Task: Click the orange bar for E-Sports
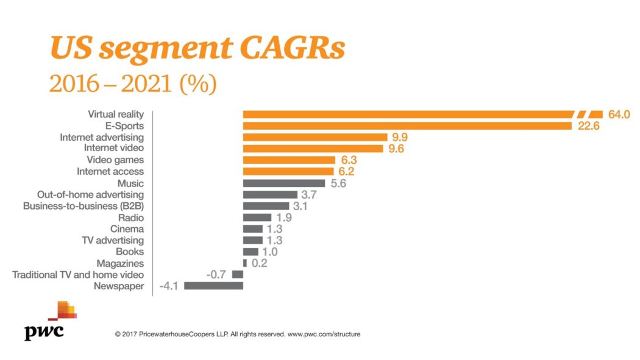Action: click(407, 125)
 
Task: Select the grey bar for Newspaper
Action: click(213, 286)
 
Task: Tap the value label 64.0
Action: click(618, 115)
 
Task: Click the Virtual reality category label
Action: click(116, 114)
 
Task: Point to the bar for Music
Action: click(284, 183)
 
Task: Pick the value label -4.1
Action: click(168, 286)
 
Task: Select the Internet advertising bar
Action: click(315, 137)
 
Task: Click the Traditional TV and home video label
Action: click(78, 275)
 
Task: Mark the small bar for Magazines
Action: click(245, 263)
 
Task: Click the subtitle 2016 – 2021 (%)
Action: click(133, 84)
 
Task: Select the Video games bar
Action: click(289, 160)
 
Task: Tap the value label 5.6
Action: click(338, 183)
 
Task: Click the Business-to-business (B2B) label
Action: click(84, 206)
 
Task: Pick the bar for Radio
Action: click(257, 217)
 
